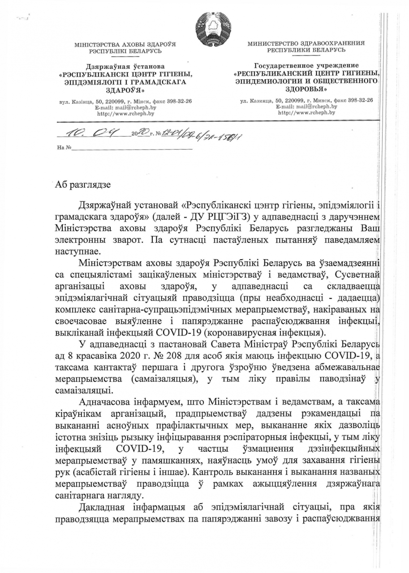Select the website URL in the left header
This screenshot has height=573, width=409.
pyautogui.click(x=125, y=114)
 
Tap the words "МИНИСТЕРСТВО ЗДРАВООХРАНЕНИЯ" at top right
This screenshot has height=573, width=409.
pyautogui.click(x=306, y=43)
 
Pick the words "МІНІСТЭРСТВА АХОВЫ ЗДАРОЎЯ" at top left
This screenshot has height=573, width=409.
pyautogui.click(x=125, y=45)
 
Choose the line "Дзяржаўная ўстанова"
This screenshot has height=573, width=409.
pyautogui.click(x=125, y=67)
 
